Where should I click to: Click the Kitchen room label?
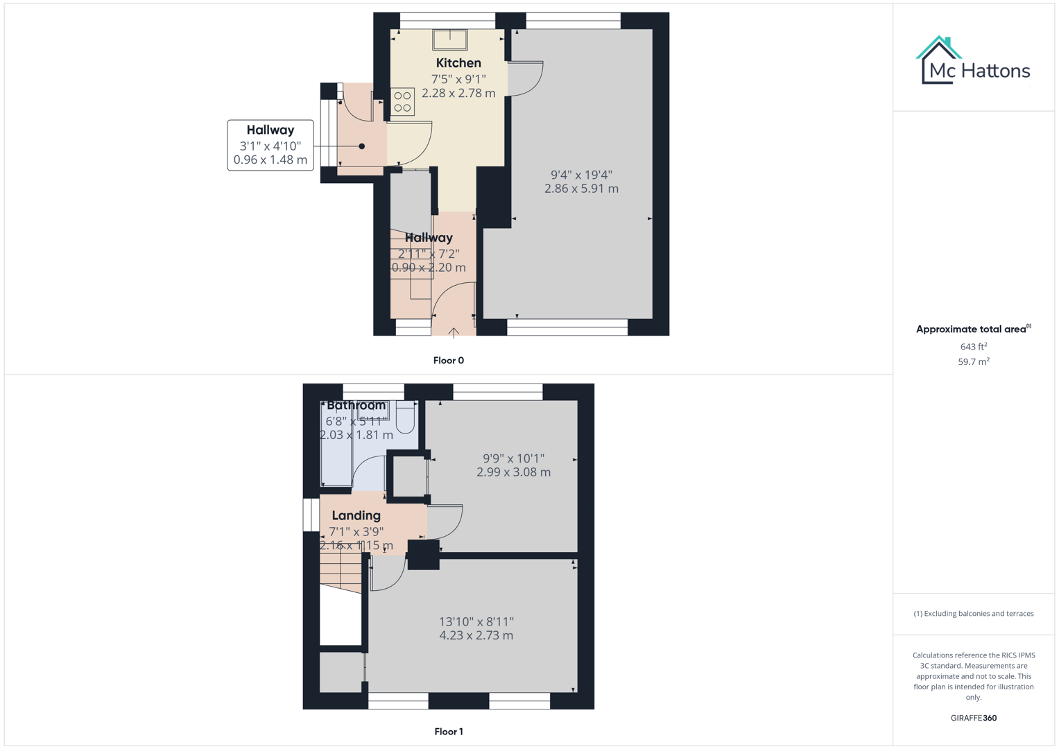point(458,63)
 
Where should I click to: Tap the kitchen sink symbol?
point(450,40)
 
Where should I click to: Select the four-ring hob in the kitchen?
point(402,102)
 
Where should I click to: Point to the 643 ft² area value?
point(973,346)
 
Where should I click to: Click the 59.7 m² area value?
point(973,361)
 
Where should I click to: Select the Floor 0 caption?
point(448,361)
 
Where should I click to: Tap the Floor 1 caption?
point(448,732)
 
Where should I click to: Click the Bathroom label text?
point(356,406)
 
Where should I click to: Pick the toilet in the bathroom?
point(405,417)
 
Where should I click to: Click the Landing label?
point(356,515)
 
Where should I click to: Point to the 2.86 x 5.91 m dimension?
point(581,189)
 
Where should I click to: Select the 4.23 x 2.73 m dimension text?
point(476,635)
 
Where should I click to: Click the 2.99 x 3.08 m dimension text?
point(513,472)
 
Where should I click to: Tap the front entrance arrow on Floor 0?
point(454,333)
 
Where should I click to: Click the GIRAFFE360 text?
point(973,718)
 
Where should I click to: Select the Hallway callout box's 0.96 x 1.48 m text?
point(270,160)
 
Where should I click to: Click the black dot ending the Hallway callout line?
point(362,146)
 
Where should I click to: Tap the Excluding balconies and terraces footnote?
point(973,614)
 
